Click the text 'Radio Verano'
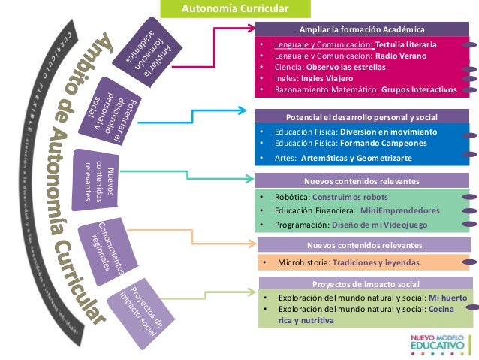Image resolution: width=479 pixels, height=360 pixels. click(401, 56)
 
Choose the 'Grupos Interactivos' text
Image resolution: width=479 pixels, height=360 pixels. click(418, 89)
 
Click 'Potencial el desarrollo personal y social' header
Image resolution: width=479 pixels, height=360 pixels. click(362, 118)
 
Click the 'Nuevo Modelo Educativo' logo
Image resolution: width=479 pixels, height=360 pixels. click(441, 342)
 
